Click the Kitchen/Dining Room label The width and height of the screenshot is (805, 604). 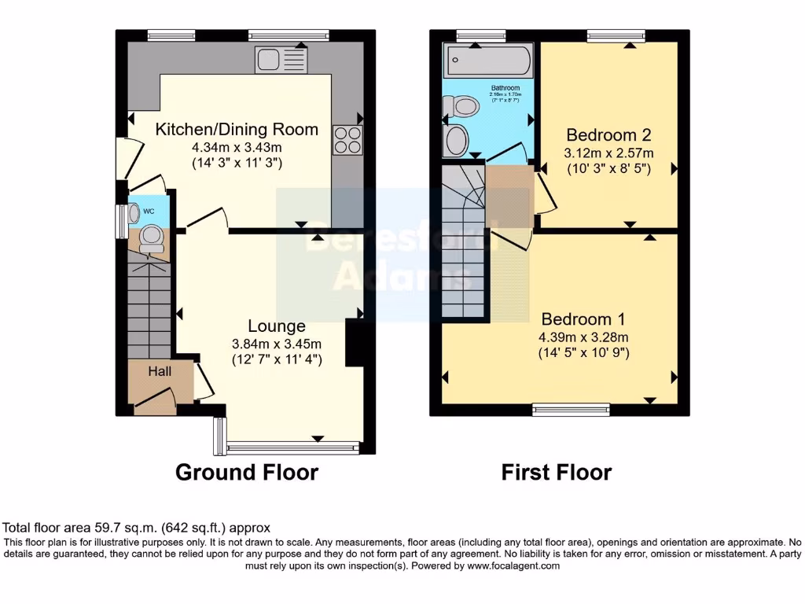237,130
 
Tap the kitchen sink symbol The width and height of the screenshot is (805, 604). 283,58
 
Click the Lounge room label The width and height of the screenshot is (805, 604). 276,326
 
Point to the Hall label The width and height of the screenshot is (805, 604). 160,371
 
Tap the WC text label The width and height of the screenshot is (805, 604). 149,211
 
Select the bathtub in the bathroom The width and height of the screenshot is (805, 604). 487,60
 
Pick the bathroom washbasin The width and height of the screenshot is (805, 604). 457,142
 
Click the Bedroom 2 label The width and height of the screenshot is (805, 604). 608,135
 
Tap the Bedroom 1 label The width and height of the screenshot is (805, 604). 583,319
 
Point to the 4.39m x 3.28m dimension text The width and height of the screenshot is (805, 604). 583,337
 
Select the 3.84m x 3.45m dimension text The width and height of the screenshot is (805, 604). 276,344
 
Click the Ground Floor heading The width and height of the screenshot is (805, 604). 246,472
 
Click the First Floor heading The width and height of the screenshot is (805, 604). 557,472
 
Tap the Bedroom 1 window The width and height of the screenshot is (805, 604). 572,409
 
